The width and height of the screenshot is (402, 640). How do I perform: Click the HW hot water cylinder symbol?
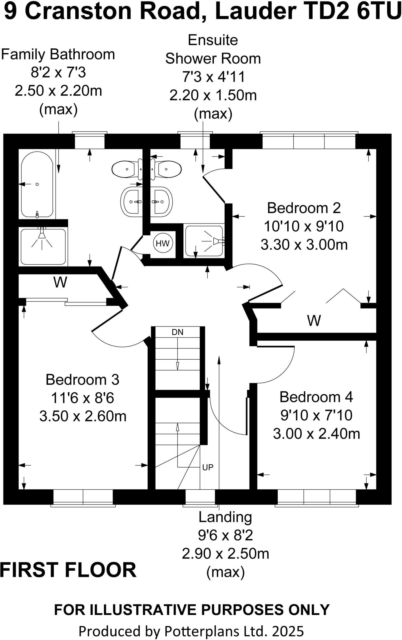(x=162, y=243)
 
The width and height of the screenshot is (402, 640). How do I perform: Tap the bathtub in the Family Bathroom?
(x=37, y=184)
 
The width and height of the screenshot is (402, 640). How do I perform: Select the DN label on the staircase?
(x=177, y=332)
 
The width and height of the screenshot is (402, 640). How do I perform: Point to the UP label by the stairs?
(x=208, y=467)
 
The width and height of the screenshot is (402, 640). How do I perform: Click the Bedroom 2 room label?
(x=304, y=208)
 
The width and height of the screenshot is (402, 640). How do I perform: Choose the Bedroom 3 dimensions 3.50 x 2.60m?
(x=83, y=416)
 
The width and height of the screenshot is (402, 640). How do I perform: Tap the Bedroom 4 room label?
(x=316, y=397)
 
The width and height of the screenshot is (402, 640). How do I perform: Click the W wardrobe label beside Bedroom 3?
(x=60, y=282)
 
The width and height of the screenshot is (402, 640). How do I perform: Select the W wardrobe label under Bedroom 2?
(x=314, y=321)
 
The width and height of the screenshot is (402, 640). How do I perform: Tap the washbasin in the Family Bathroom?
(x=131, y=202)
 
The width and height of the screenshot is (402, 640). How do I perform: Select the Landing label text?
(x=225, y=517)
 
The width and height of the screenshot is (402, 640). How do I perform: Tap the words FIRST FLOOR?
(x=68, y=570)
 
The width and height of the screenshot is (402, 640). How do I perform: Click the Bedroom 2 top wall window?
(x=309, y=141)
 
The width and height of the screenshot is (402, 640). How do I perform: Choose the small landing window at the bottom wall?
(x=200, y=497)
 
